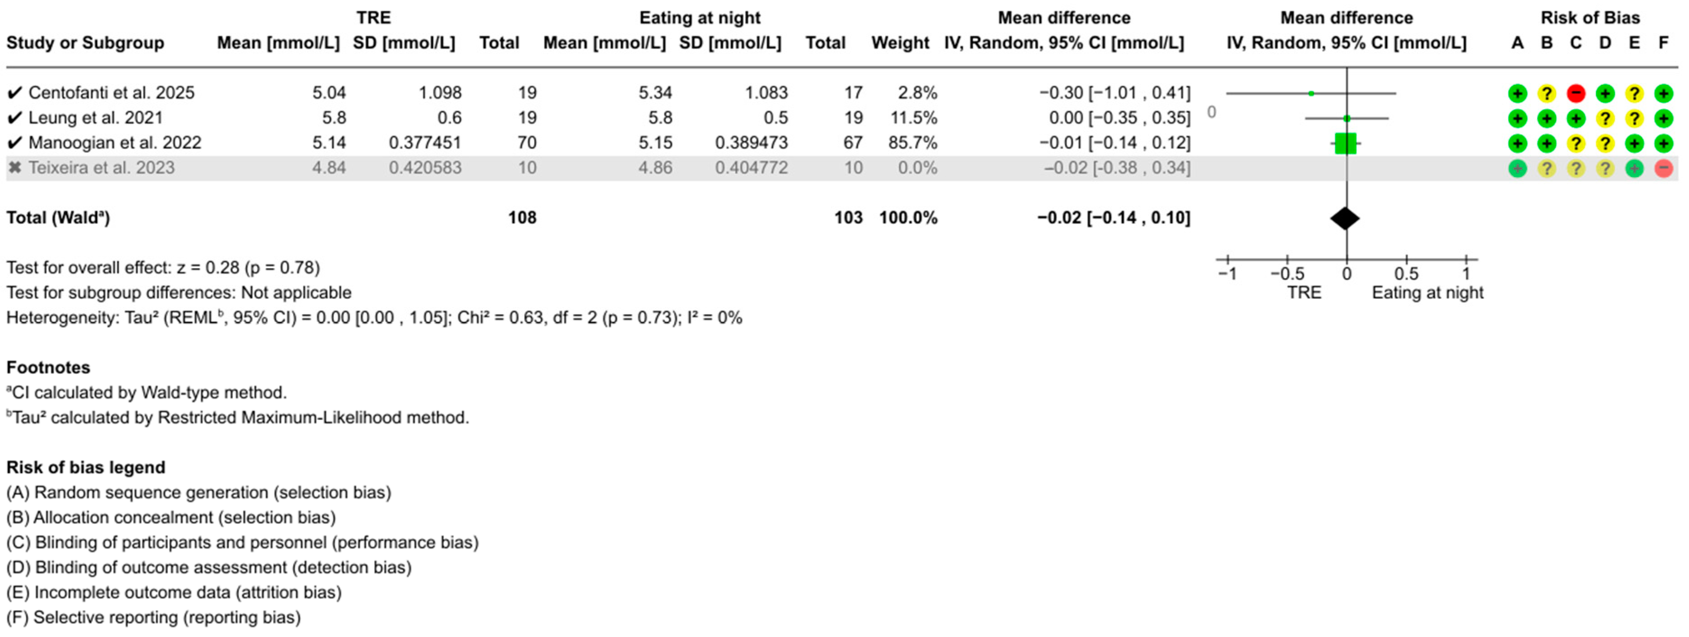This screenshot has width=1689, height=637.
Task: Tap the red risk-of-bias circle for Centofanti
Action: pos(1576,93)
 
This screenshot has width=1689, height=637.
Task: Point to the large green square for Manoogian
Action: pos(1345,143)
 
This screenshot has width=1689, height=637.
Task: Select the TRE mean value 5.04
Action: pos(329,93)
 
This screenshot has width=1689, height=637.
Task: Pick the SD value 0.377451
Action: pos(424,142)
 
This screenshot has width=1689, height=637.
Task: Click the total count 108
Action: pos(522,217)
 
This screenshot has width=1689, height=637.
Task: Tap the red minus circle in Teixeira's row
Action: pos(1663,168)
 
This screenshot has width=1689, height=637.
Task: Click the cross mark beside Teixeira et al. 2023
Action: pos(14,168)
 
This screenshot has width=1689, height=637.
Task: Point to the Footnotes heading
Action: pos(48,367)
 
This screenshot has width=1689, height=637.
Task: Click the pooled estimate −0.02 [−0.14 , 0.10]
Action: pos(1114,217)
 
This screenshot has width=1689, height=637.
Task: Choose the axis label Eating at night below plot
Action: pos(1427,293)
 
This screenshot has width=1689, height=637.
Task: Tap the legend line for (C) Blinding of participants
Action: pos(242,543)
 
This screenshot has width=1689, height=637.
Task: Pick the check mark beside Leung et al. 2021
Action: pos(14,118)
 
